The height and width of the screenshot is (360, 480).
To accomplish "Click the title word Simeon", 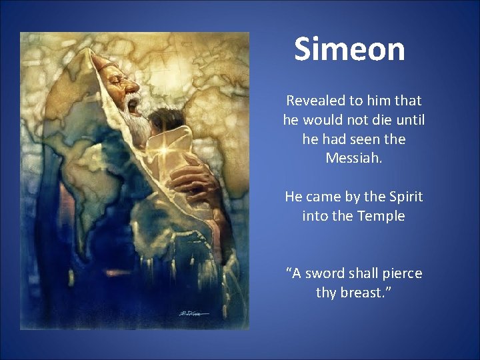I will tap(349, 50).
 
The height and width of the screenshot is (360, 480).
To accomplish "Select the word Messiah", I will tap(353, 159).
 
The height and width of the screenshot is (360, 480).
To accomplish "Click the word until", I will tap(407, 121).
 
